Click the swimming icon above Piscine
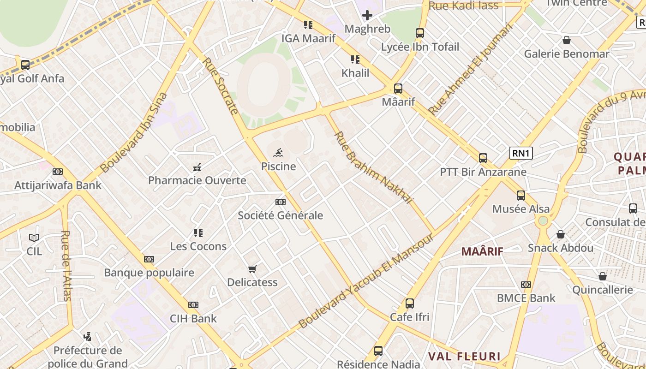pos(278,153)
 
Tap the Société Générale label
pos(280,215)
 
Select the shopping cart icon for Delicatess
pos(252,269)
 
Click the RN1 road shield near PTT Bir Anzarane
pos(521,153)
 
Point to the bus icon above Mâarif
pos(398,89)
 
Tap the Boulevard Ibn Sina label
pos(133,133)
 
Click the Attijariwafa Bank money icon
pos(58,172)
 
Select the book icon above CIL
pos(34,238)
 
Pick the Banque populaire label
pos(149,273)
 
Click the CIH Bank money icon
pos(193,305)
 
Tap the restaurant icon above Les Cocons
pos(198,233)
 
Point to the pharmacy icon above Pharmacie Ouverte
pos(197,167)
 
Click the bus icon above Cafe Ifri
pos(409,304)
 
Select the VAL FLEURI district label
pos(464,356)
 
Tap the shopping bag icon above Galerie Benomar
pos(566,41)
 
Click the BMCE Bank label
pos(526,298)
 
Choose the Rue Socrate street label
pos(220,86)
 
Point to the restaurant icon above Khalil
pos(355,60)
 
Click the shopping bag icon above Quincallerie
pos(602,276)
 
